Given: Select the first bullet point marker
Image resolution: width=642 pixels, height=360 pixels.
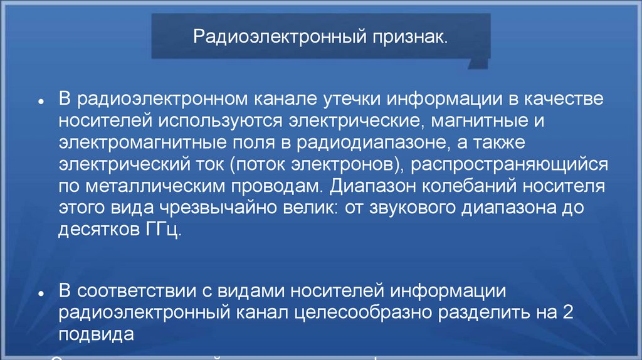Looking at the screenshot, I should coord(40,101).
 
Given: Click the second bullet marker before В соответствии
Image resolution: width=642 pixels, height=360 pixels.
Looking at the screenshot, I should coord(40,294).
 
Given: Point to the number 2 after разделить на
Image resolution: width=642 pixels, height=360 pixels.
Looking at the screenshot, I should coord(568,313).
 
